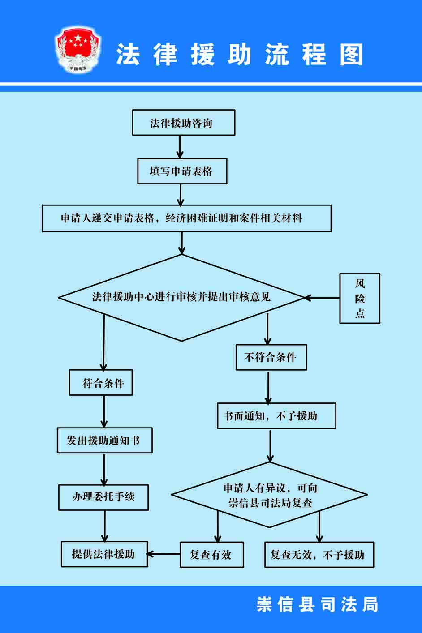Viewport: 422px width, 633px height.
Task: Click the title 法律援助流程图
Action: tap(240, 55)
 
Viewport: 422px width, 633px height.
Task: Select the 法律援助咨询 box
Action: tap(183, 123)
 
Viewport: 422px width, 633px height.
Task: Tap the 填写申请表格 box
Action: tap(182, 171)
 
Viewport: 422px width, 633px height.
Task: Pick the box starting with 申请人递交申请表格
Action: tap(186, 218)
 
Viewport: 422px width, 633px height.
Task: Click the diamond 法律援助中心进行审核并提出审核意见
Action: tap(181, 297)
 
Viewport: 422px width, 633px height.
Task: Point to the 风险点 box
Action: tap(360, 298)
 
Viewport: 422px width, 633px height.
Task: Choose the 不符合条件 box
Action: tap(271, 357)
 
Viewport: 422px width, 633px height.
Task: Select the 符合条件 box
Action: tap(101, 383)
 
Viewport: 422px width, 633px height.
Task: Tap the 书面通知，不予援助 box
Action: tap(276, 416)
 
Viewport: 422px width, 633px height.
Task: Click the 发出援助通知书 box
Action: tap(104, 441)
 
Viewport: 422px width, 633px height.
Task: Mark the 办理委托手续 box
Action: tap(103, 497)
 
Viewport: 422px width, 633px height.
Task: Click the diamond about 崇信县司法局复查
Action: tap(270, 495)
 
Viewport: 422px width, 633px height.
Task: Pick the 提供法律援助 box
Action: tap(104, 554)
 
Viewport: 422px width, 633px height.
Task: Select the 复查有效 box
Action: tap(211, 555)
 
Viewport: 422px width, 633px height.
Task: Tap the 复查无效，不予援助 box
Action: tap(319, 555)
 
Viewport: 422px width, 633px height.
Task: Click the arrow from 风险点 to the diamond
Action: tap(322, 298)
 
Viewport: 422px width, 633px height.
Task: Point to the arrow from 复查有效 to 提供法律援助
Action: tap(164, 554)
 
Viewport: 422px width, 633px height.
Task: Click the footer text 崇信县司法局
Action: tap(317, 604)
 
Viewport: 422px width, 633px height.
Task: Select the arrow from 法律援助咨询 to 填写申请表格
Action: tap(180, 147)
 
